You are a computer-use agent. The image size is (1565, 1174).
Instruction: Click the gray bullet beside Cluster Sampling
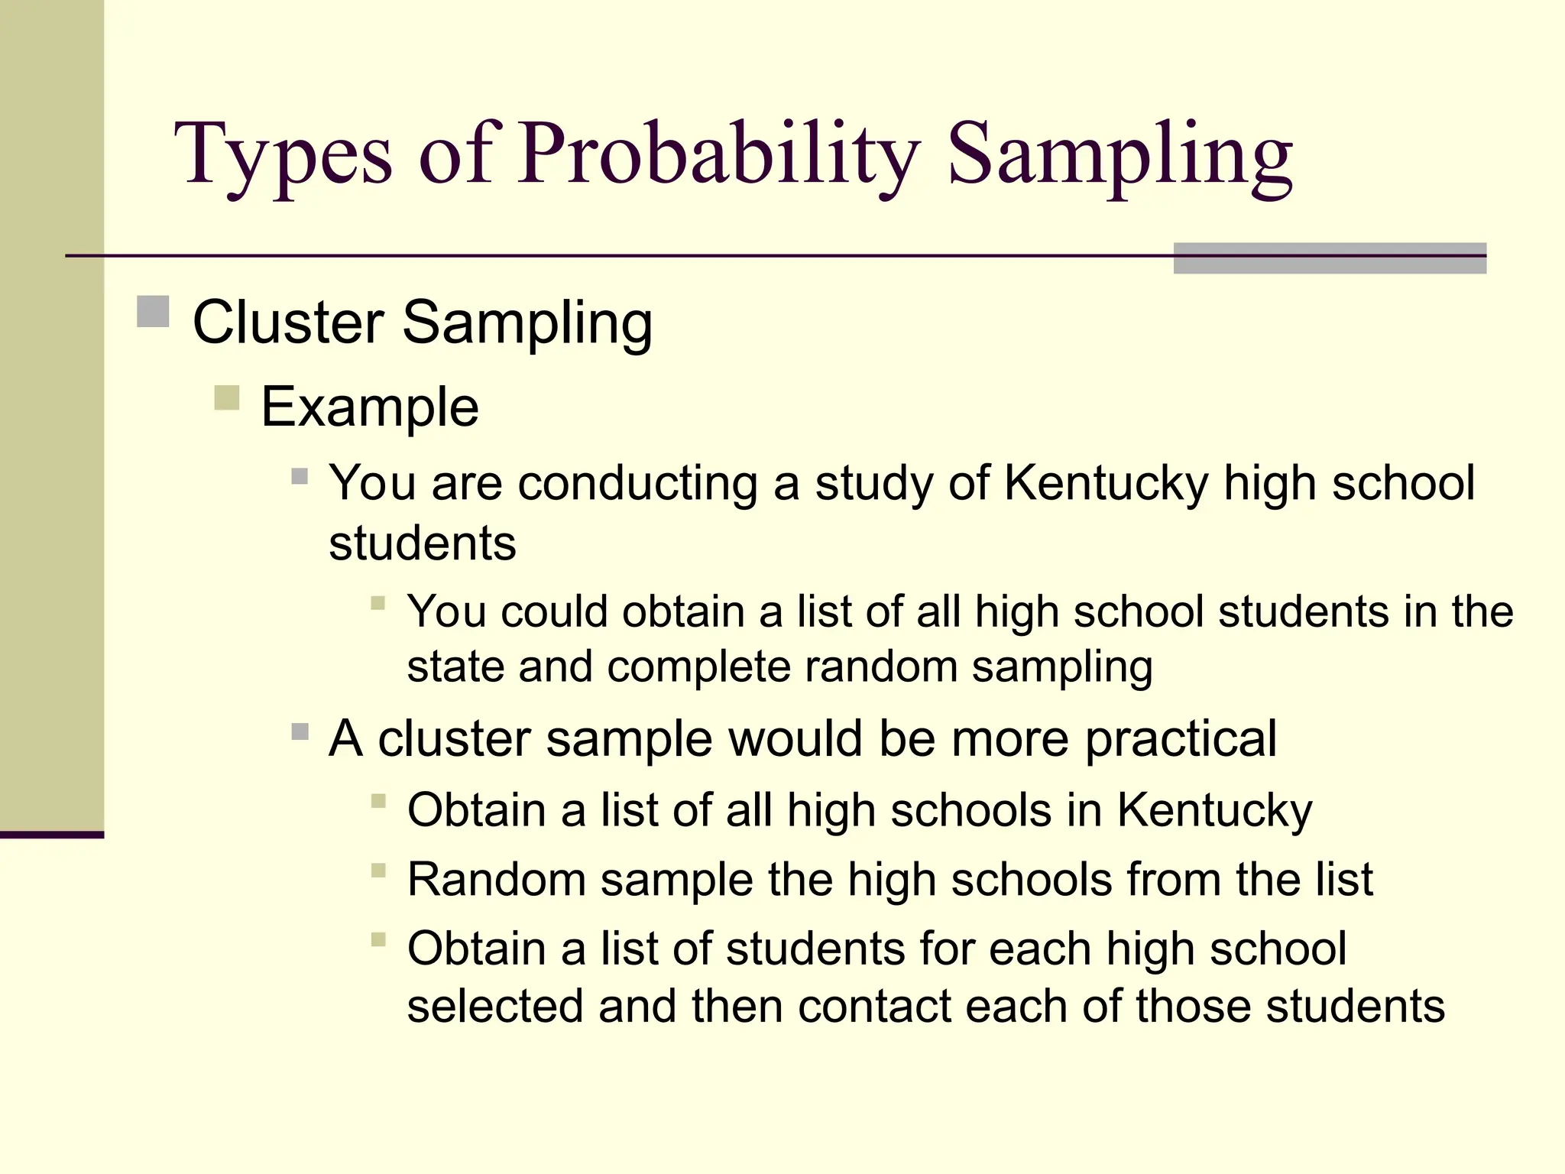pos(153,311)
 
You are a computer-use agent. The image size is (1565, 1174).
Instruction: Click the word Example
pos(370,407)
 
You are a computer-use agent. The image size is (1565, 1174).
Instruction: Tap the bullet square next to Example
pos(227,397)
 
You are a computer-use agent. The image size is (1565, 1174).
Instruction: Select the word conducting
pos(638,484)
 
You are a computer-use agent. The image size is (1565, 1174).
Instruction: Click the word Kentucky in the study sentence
pos(1106,484)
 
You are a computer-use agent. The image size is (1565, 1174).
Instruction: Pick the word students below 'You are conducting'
pos(423,543)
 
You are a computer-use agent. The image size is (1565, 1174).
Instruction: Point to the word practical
pos(1181,739)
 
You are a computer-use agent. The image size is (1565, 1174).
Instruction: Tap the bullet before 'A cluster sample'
pos(300,732)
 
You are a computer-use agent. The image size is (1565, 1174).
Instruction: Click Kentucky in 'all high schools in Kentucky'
pos(1214,811)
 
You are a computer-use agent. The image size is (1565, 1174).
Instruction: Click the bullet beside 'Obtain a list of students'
pos(378,939)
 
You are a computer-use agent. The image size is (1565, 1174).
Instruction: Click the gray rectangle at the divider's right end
pos(1330,258)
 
